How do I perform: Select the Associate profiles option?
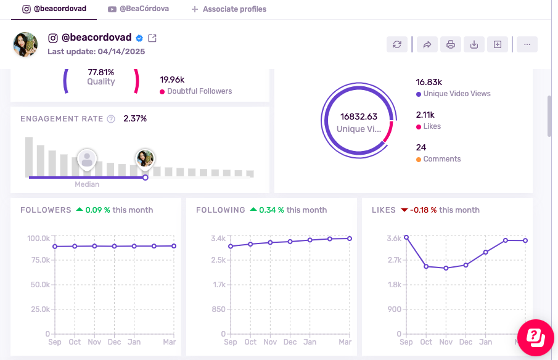pyautogui.click(x=229, y=9)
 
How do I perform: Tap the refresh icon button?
pyautogui.click(x=397, y=44)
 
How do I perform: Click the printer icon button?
pyautogui.click(x=451, y=44)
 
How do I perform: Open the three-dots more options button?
pyautogui.click(x=527, y=44)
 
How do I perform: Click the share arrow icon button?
pyautogui.click(x=427, y=44)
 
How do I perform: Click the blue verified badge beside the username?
pyautogui.click(x=140, y=38)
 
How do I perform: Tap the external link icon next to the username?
pyautogui.click(x=152, y=38)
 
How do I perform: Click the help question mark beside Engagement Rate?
pyautogui.click(x=111, y=119)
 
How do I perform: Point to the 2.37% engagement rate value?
pyautogui.click(x=135, y=118)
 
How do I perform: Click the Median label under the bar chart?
pyautogui.click(x=87, y=184)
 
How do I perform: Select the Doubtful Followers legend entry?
pyautogui.click(x=196, y=91)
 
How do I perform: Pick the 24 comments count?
pyautogui.click(x=421, y=147)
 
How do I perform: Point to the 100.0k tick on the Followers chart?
pyautogui.click(x=38, y=238)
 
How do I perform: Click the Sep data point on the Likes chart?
pyautogui.click(x=406, y=237)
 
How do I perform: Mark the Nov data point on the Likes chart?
pyautogui.click(x=446, y=268)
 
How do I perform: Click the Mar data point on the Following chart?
pyautogui.click(x=350, y=239)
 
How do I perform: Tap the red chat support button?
pyautogui.click(x=535, y=337)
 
